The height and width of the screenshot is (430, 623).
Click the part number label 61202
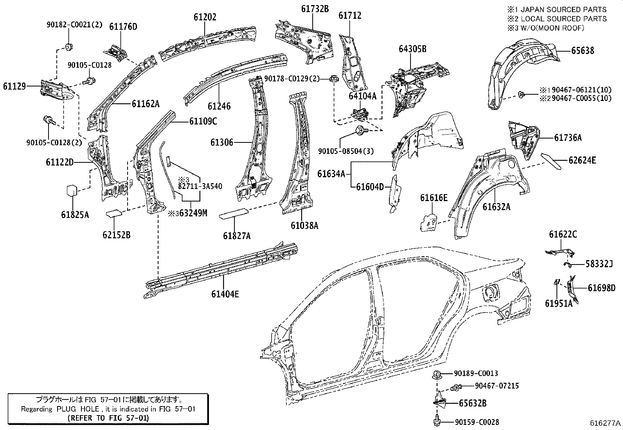pyautogui.click(x=205, y=17)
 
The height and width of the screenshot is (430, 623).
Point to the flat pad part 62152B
pyautogui.click(x=114, y=214)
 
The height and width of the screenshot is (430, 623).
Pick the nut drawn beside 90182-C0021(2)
pyautogui.click(x=70, y=47)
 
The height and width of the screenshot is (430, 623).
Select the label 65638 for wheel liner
pyautogui.click(x=582, y=50)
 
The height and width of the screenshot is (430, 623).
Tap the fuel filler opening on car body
pyautogui.click(x=489, y=293)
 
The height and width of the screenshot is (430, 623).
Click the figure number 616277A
pyautogui.click(x=605, y=423)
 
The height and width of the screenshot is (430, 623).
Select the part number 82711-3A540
pyautogui.click(x=200, y=186)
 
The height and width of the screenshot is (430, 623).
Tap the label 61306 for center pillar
pyautogui.click(x=221, y=142)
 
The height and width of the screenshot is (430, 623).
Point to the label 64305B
pyautogui.click(x=412, y=49)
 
